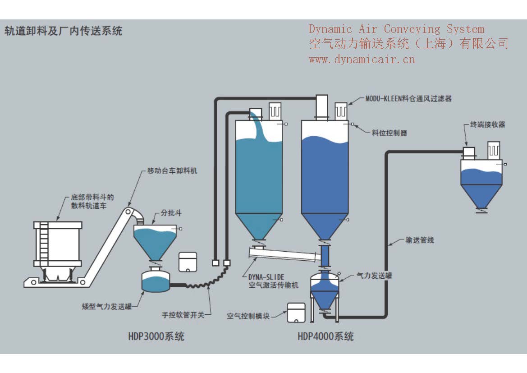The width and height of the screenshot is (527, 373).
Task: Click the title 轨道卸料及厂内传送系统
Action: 63,31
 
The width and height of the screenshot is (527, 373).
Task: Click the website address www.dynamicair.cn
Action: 362,59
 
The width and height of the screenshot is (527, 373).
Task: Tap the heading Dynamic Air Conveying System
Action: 396,29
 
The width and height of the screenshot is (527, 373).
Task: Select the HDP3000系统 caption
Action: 156,336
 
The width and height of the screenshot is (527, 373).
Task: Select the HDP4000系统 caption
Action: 325,336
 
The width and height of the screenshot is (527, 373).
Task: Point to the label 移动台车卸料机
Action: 172,171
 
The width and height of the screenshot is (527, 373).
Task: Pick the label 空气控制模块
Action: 248,316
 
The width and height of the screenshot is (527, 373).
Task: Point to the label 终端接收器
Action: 487,124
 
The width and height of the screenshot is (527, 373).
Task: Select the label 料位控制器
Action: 390,133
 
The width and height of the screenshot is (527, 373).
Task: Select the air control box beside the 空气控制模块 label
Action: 295,312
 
